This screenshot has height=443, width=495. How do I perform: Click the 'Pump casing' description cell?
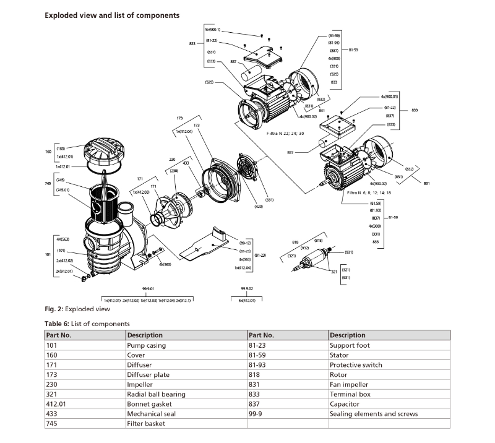pyautogui.click(x=146, y=345)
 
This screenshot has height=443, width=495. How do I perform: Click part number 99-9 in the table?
pyautogui.click(x=258, y=414)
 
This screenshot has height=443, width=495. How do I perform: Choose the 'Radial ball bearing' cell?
pyautogui.click(x=156, y=394)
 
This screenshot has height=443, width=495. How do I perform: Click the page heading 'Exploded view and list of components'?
pyautogui.click(x=112, y=15)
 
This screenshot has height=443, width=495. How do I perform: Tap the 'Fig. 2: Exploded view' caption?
pyautogui.click(x=77, y=309)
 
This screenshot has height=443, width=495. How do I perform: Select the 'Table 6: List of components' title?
pyautogui.click(x=87, y=324)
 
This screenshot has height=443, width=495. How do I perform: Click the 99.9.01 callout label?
pyautogui.click(x=147, y=289)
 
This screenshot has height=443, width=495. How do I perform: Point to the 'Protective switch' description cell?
pyautogui.click(x=356, y=365)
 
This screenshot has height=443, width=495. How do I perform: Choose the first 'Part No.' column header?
pyautogui.click(x=59, y=335)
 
